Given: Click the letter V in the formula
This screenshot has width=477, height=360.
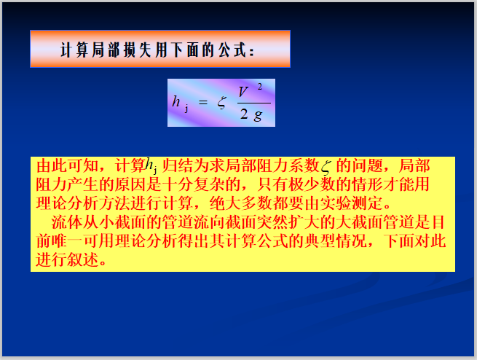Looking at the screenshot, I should [243, 93].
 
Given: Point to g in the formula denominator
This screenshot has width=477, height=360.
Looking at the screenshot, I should [257, 117].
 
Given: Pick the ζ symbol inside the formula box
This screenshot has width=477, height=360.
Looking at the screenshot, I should [221, 102].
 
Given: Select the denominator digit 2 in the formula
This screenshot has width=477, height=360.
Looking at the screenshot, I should [243, 117].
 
